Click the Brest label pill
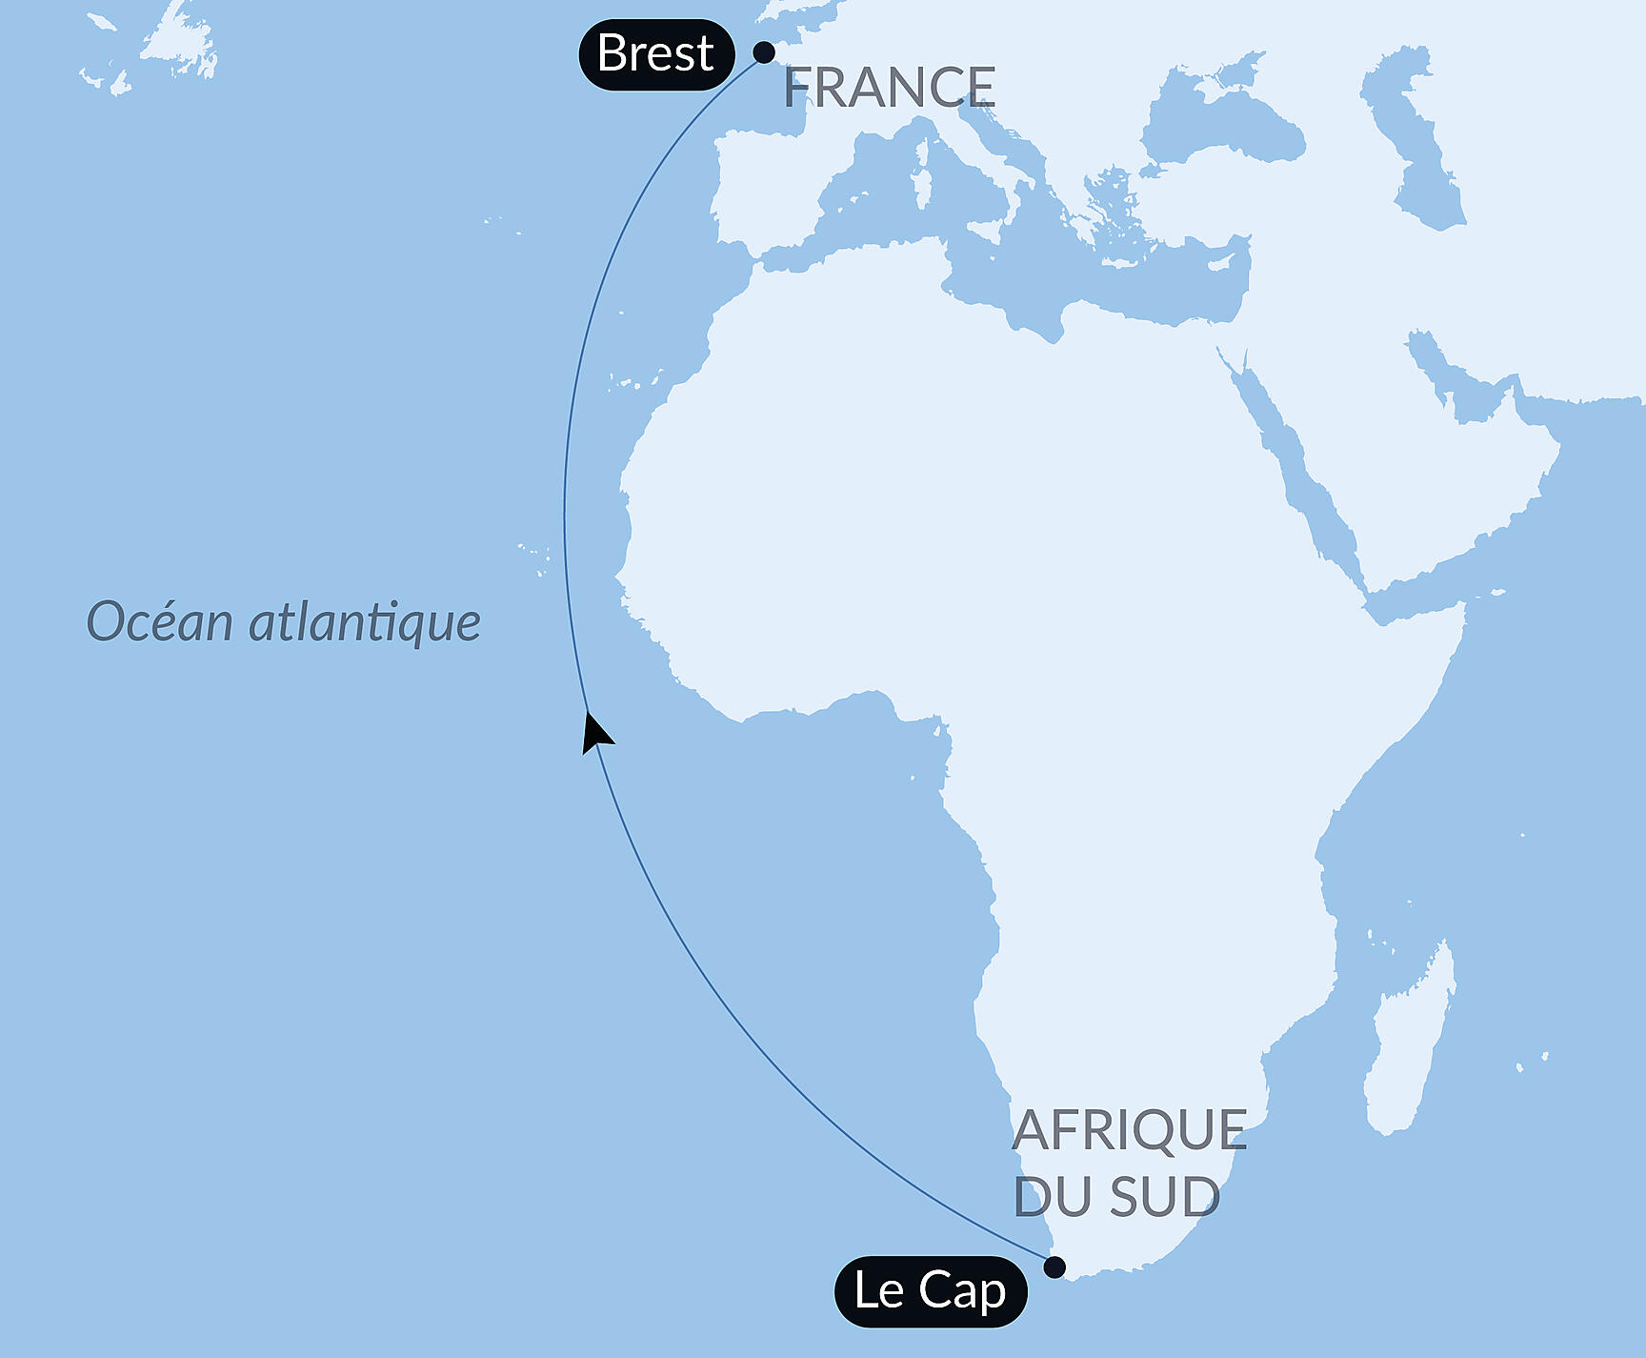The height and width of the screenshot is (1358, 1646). pyautogui.click(x=656, y=54)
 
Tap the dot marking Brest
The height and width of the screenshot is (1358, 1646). pyautogui.click(x=764, y=52)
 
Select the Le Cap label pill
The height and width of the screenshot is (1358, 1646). pyautogui.click(x=930, y=1291)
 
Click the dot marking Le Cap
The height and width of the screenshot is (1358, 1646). pyautogui.click(x=1054, y=1267)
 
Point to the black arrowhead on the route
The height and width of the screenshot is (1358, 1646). pyautogui.click(x=595, y=733)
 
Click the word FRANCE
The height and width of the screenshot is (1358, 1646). pyautogui.click(x=890, y=88)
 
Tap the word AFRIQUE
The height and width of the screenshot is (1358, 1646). pyautogui.click(x=1130, y=1130)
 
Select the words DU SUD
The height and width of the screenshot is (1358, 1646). pyautogui.click(x=1116, y=1197)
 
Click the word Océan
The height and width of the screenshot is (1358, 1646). pyautogui.click(x=160, y=622)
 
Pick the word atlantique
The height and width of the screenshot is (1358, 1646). pyautogui.click(x=365, y=622)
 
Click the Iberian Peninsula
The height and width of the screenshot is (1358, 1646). pyautogui.click(x=762, y=186)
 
